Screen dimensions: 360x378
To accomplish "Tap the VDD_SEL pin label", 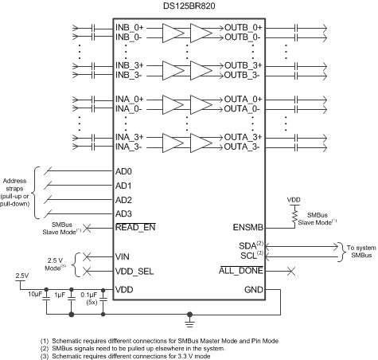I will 136,270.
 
